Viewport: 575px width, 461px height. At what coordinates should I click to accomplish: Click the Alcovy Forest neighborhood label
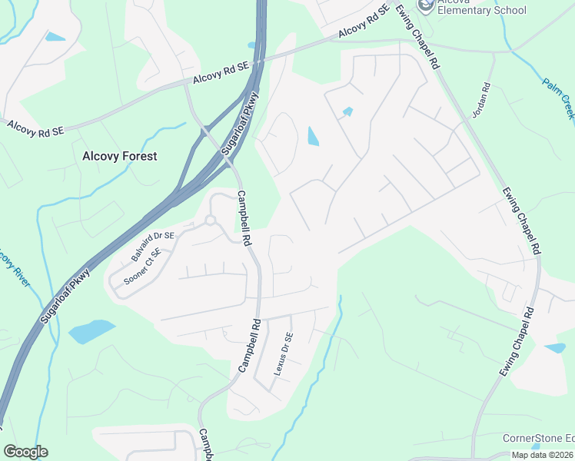click(x=119, y=156)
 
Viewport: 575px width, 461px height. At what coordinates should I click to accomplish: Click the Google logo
click(x=25, y=452)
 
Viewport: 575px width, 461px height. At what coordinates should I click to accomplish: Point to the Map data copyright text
click(x=541, y=455)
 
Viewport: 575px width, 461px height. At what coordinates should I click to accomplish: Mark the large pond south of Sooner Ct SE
click(x=92, y=331)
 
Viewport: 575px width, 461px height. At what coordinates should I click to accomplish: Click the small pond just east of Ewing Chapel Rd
click(x=555, y=348)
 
